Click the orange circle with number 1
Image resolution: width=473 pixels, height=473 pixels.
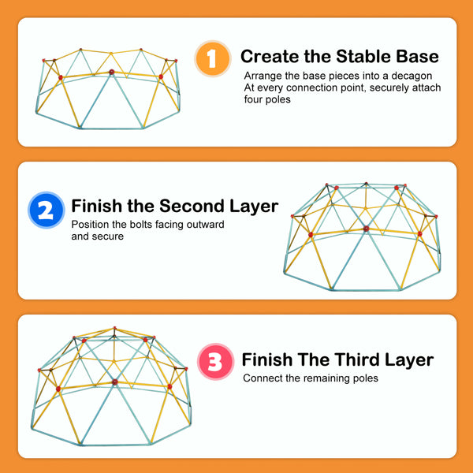click(x=213, y=58)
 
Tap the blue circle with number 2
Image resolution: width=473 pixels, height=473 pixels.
click(x=47, y=210)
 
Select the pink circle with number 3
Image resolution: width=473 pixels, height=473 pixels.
click(x=215, y=361)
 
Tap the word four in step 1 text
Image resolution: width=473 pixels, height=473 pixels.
click(x=252, y=99)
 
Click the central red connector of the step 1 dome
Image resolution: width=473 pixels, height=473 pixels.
click(x=112, y=72)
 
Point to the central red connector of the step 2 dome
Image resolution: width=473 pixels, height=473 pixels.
click(x=366, y=229)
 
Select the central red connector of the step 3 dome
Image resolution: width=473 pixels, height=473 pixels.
click(x=114, y=382)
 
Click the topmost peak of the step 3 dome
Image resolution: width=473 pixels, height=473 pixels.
click(x=114, y=328)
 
